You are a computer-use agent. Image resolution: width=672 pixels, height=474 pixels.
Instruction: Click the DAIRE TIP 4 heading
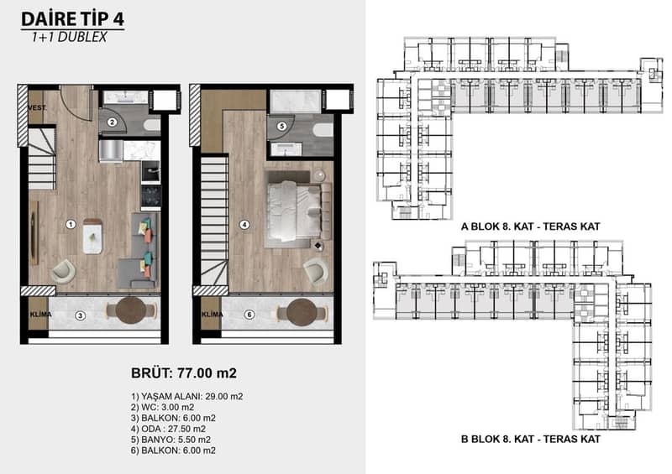(x=72, y=19)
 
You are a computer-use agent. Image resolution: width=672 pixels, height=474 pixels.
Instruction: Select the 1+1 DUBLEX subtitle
(x=69, y=37)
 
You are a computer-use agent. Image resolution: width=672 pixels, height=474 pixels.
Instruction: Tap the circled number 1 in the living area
(x=71, y=224)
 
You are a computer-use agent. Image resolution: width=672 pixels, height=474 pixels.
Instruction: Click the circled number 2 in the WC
(x=112, y=122)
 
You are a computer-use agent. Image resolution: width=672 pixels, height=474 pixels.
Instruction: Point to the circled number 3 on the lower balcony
(x=80, y=315)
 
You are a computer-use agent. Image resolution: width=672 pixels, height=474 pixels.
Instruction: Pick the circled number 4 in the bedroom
(x=244, y=224)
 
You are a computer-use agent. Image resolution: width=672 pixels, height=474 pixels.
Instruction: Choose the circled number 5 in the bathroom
(x=281, y=127)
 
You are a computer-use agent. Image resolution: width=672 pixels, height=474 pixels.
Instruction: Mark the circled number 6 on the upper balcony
(x=249, y=315)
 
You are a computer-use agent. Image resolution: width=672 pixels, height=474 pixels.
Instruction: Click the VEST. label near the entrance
(x=37, y=108)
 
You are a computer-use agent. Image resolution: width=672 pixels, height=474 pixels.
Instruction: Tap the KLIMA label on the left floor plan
(x=40, y=315)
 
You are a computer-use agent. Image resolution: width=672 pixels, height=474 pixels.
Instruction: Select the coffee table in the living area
(x=92, y=237)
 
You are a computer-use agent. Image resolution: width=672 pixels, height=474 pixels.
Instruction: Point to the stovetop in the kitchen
(x=151, y=195)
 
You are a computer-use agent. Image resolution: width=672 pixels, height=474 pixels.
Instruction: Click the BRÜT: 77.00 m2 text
(x=184, y=373)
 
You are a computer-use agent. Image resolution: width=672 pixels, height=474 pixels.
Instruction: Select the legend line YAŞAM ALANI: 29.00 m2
(x=186, y=397)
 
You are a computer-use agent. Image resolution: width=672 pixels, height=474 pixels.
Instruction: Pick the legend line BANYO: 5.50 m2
(x=171, y=440)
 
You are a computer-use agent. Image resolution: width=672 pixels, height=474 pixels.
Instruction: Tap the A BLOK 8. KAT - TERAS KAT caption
(x=531, y=227)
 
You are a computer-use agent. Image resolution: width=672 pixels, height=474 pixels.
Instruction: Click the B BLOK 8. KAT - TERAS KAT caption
(x=531, y=439)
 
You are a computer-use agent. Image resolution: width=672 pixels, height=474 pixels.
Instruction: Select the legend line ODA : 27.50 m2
(x=169, y=429)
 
